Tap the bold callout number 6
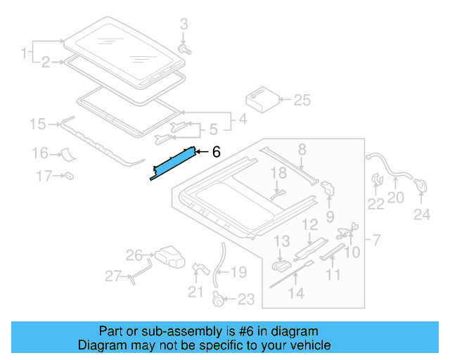pos(217,151)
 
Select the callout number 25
pos(302,101)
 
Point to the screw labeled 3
pos(186,50)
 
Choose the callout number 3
pos(185,25)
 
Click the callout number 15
pos(37,124)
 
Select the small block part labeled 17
pos(70,175)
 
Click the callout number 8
pos(302,148)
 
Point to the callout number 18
pos(278,172)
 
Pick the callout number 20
pos(396,198)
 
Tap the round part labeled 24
pos(421,185)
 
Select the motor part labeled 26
pos(168,255)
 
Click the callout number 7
pos(378,241)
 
